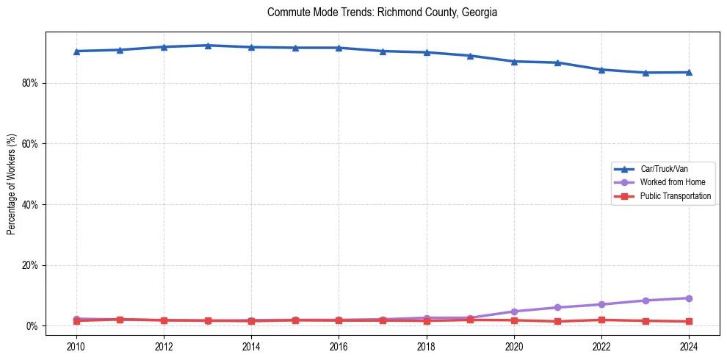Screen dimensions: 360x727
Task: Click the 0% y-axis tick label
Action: click(x=32, y=325)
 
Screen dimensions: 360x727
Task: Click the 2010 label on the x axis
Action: click(x=76, y=345)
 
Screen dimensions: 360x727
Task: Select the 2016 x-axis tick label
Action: click(x=339, y=345)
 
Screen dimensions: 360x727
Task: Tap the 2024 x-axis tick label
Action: click(x=689, y=345)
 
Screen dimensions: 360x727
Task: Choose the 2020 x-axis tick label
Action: click(x=514, y=345)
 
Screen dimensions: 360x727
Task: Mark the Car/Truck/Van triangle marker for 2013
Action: click(x=208, y=46)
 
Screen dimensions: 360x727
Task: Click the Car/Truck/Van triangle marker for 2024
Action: click(x=689, y=72)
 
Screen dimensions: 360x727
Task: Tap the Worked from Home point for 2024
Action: click(x=689, y=298)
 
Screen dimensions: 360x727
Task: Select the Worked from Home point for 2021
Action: click(x=557, y=307)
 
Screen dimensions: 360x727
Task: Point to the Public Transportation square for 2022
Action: click(x=601, y=320)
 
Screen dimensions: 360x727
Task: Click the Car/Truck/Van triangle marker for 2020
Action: click(x=514, y=61)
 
